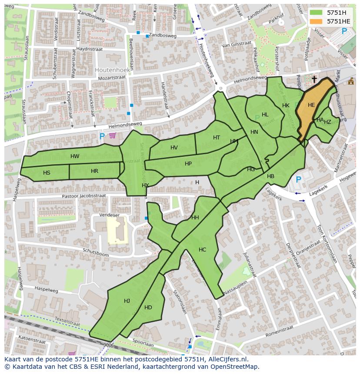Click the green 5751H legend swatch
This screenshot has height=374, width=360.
click(316, 13)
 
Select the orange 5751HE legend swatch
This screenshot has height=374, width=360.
click(316, 21)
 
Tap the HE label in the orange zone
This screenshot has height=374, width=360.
click(311, 105)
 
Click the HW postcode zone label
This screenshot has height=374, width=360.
click(75, 156)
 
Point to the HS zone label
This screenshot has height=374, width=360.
click(47, 173)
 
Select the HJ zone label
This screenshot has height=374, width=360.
click(127, 301)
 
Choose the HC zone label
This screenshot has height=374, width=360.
click(202, 250)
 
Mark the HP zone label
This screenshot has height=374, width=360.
click(188, 164)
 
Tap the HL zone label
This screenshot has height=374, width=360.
click(265, 115)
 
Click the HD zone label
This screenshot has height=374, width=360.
click(148, 308)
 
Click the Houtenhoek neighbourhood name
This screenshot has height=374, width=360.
click(111, 70)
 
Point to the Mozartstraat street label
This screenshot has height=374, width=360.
click(113, 77)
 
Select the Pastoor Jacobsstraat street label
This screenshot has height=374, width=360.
click(84, 196)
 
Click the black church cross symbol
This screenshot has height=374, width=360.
click(314, 79)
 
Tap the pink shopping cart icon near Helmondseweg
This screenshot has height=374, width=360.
click(113, 136)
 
